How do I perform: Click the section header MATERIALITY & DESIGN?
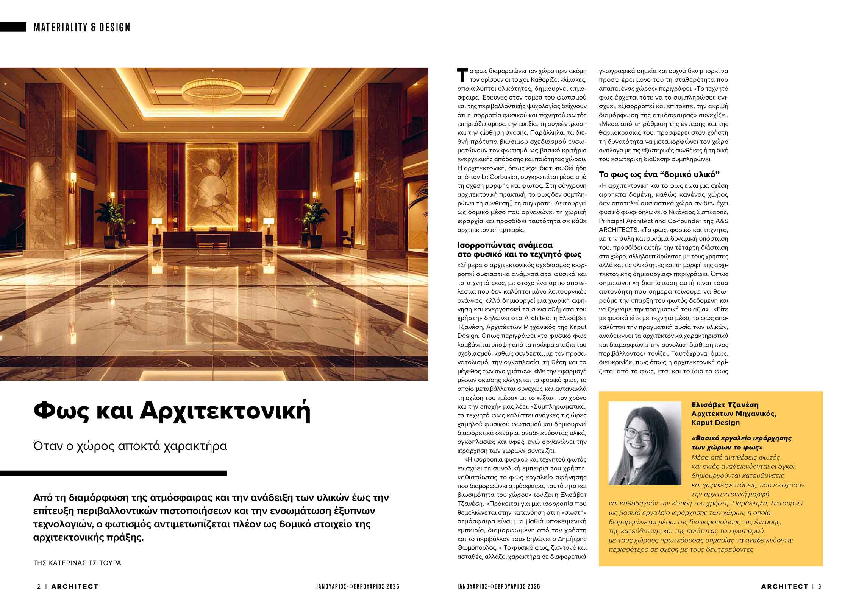coord(82,27)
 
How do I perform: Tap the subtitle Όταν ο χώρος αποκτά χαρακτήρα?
coord(130,446)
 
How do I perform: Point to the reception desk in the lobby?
coord(212,240)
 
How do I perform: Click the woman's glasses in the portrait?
coord(637,434)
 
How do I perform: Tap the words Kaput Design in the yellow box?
coord(715,423)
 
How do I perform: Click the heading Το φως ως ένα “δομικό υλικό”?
coord(659,174)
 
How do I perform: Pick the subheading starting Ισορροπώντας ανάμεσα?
coord(505,245)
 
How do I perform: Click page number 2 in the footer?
coord(39,586)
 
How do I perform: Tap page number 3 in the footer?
coord(820,586)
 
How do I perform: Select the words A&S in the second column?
coord(720,221)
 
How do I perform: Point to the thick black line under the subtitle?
coord(113,473)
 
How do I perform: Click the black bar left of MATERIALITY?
coord(13,27)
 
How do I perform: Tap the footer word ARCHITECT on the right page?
coord(784,586)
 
